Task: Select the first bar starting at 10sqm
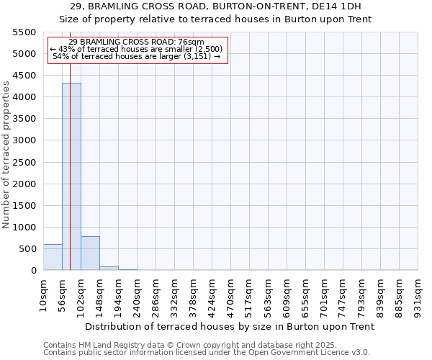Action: point(53,257)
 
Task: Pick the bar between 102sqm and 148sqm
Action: point(90,253)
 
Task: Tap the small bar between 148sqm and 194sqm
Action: point(109,268)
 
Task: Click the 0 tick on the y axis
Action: point(33,271)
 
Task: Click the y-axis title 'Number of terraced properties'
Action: point(7,155)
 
